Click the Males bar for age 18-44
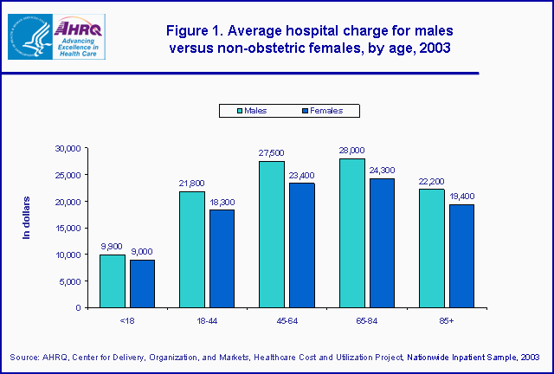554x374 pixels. coord(192,249)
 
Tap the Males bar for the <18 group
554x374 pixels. coord(113,280)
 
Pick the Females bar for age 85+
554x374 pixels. coord(461,255)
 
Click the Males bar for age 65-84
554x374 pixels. coord(351,233)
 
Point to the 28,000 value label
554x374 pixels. coord(351,150)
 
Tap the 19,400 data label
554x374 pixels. coord(461,196)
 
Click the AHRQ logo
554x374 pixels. coord(56,36)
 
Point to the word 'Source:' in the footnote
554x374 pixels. coord(26,357)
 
